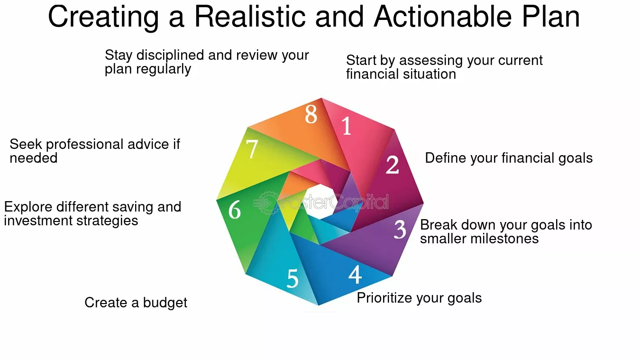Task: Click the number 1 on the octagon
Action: (x=347, y=126)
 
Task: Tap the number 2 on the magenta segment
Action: (x=392, y=165)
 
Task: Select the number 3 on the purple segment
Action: (x=400, y=229)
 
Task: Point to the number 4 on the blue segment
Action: (x=355, y=275)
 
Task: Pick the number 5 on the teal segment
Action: (x=293, y=278)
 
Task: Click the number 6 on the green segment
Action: (x=235, y=210)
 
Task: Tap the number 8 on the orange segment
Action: (x=311, y=114)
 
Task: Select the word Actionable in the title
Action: (x=443, y=17)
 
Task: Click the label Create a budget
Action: (x=136, y=303)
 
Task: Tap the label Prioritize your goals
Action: (x=419, y=298)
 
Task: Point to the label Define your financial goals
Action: (x=509, y=158)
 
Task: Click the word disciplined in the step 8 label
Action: (x=170, y=55)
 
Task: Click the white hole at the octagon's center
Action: (x=320, y=202)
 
